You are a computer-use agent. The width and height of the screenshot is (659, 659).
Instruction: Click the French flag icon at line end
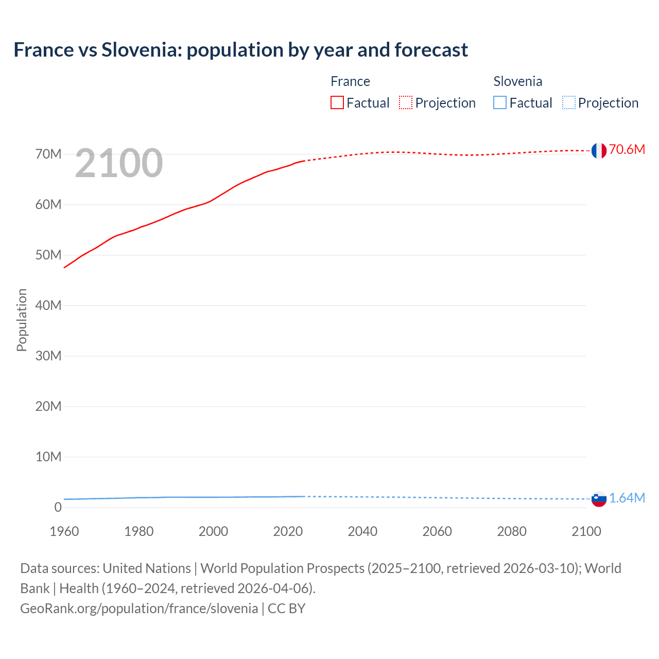tap(599, 150)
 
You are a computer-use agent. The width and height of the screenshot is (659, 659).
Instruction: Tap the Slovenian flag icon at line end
tap(599, 498)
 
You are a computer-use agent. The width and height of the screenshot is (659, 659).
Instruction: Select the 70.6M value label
tap(627, 150)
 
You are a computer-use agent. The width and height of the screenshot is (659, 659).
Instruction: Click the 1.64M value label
tap(627, 498)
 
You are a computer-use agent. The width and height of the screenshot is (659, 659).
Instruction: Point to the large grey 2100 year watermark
tap(119, 164)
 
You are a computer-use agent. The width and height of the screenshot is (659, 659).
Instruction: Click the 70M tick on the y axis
tap(48, 154)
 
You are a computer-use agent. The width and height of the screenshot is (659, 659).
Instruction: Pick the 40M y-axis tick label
tap(48, 306)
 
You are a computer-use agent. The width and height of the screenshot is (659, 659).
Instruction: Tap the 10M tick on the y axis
tap(48, 457)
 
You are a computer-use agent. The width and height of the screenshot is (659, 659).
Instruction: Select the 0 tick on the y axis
tap(58, 508)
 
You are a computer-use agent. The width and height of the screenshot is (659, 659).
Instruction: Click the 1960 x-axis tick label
tap(64, 531)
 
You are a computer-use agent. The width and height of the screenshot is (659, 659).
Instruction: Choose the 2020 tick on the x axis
tap(288, 531)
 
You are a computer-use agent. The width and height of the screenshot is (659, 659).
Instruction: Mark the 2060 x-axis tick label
tap(437, 531)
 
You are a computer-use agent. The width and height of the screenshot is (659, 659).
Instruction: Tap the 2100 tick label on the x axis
tap(586, 531)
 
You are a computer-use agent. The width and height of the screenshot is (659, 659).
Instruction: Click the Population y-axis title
tap(22, 320)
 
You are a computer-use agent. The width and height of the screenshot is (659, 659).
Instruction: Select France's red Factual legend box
tap(337, 103)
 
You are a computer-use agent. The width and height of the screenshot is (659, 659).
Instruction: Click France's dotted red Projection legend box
tap(406, 103)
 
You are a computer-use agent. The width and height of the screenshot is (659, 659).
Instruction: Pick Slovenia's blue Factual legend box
tap(500, 103)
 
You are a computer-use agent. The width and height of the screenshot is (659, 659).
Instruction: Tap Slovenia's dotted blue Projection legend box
tap(568, 103)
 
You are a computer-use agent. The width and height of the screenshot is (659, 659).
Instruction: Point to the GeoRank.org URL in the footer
tap(139, 609)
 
